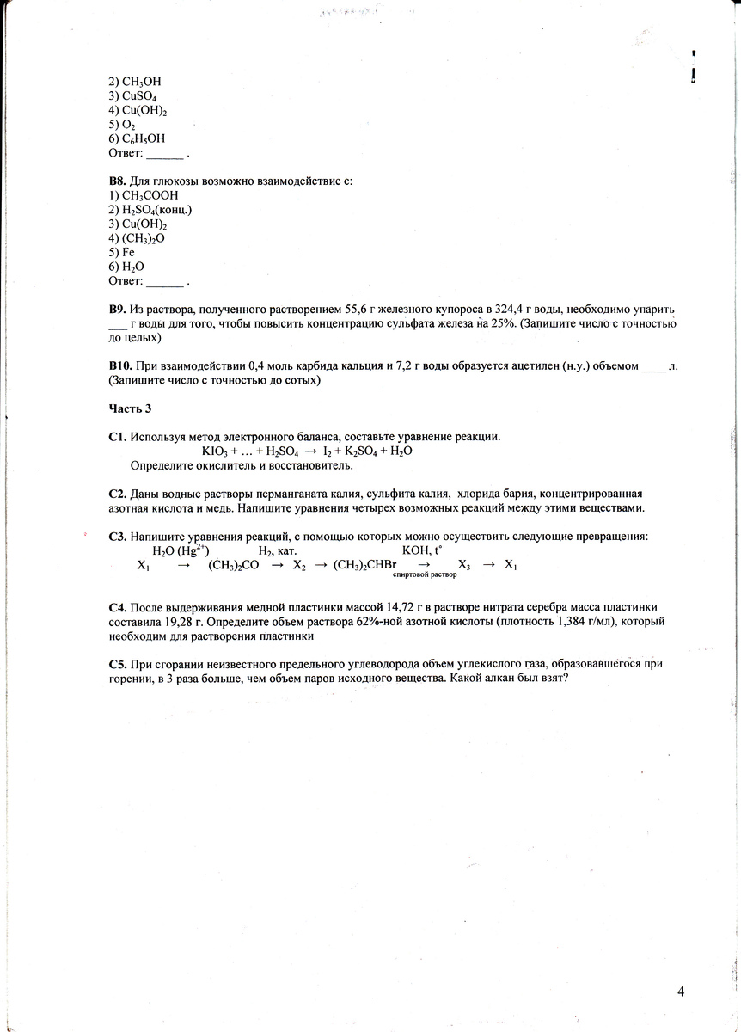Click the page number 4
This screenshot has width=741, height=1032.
(x=680, y=992)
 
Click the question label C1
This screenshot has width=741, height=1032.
(x=118, y=437)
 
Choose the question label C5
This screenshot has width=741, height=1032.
(x=118, y=664)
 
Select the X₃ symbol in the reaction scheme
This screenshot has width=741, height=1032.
(x=464, y=566)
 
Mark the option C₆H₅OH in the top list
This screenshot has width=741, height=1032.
(x=141, y=138)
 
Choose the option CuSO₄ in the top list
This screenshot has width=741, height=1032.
(x=138, y=96)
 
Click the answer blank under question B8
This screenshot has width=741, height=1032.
(x=165, y=282)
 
